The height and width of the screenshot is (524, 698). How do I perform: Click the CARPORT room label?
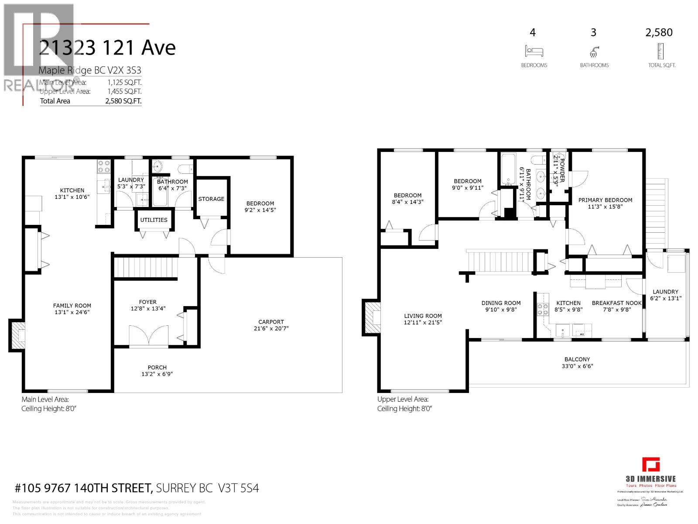(x=271, y=322)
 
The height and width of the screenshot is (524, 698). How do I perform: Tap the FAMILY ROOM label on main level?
(x=72, y=306)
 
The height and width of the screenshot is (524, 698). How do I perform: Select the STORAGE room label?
(x=211, y=199)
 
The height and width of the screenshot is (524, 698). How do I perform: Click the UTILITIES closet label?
(x=154, y=220)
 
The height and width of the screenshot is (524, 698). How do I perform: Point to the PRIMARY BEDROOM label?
(x=605, y=200)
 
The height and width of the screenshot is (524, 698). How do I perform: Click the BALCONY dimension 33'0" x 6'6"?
(x=577, y=366)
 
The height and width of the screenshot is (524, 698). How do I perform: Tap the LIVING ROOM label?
(x=423, y=316)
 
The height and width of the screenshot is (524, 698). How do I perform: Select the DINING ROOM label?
(x=501, y=303)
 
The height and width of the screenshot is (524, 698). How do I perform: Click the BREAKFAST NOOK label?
(x=616, y=303)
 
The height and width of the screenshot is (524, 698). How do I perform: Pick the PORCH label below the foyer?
(x=157, y=367)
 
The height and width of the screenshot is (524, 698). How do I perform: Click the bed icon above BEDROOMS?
(x=534, y=51)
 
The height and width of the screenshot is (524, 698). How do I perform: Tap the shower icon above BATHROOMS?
(x=594, y=52)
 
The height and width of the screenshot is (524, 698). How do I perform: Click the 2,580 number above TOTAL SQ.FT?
(x=659, y=32)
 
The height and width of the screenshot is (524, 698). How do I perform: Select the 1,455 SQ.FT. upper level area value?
(x=124, y=91)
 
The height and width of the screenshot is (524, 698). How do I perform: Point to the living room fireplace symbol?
(x=372, y=317)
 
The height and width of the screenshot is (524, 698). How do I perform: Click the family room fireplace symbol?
(x=17, y=334)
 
